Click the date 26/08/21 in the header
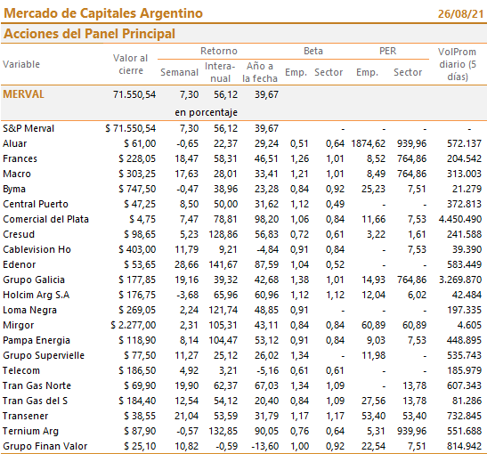click(461, 14)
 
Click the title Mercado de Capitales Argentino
click(103, 13)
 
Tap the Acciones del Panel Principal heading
click(89, 34)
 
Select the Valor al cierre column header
click(131, 64)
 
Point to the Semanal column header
click(179, 72)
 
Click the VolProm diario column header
click(458, 64)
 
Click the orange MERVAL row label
click(24, 94)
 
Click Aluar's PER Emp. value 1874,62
click(369, 143)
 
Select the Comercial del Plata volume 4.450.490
click(460, 219)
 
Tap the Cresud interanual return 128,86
click(223, 234)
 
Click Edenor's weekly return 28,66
click(186, 264)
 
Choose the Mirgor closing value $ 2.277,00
click(134, 325)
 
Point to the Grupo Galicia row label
click(34, 280)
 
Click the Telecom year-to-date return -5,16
click(267, 370)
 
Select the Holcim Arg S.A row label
click(36, 295)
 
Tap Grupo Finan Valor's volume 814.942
click(465, 446)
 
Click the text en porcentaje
click(207, 112)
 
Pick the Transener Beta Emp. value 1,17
click(299, 416)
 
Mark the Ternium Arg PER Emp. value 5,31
click(376, 431)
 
